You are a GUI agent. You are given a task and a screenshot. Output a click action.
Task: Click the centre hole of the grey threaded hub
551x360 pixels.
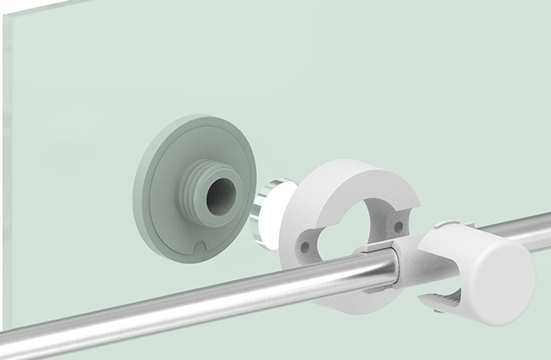pyautogui.click(x=219, y=196)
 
